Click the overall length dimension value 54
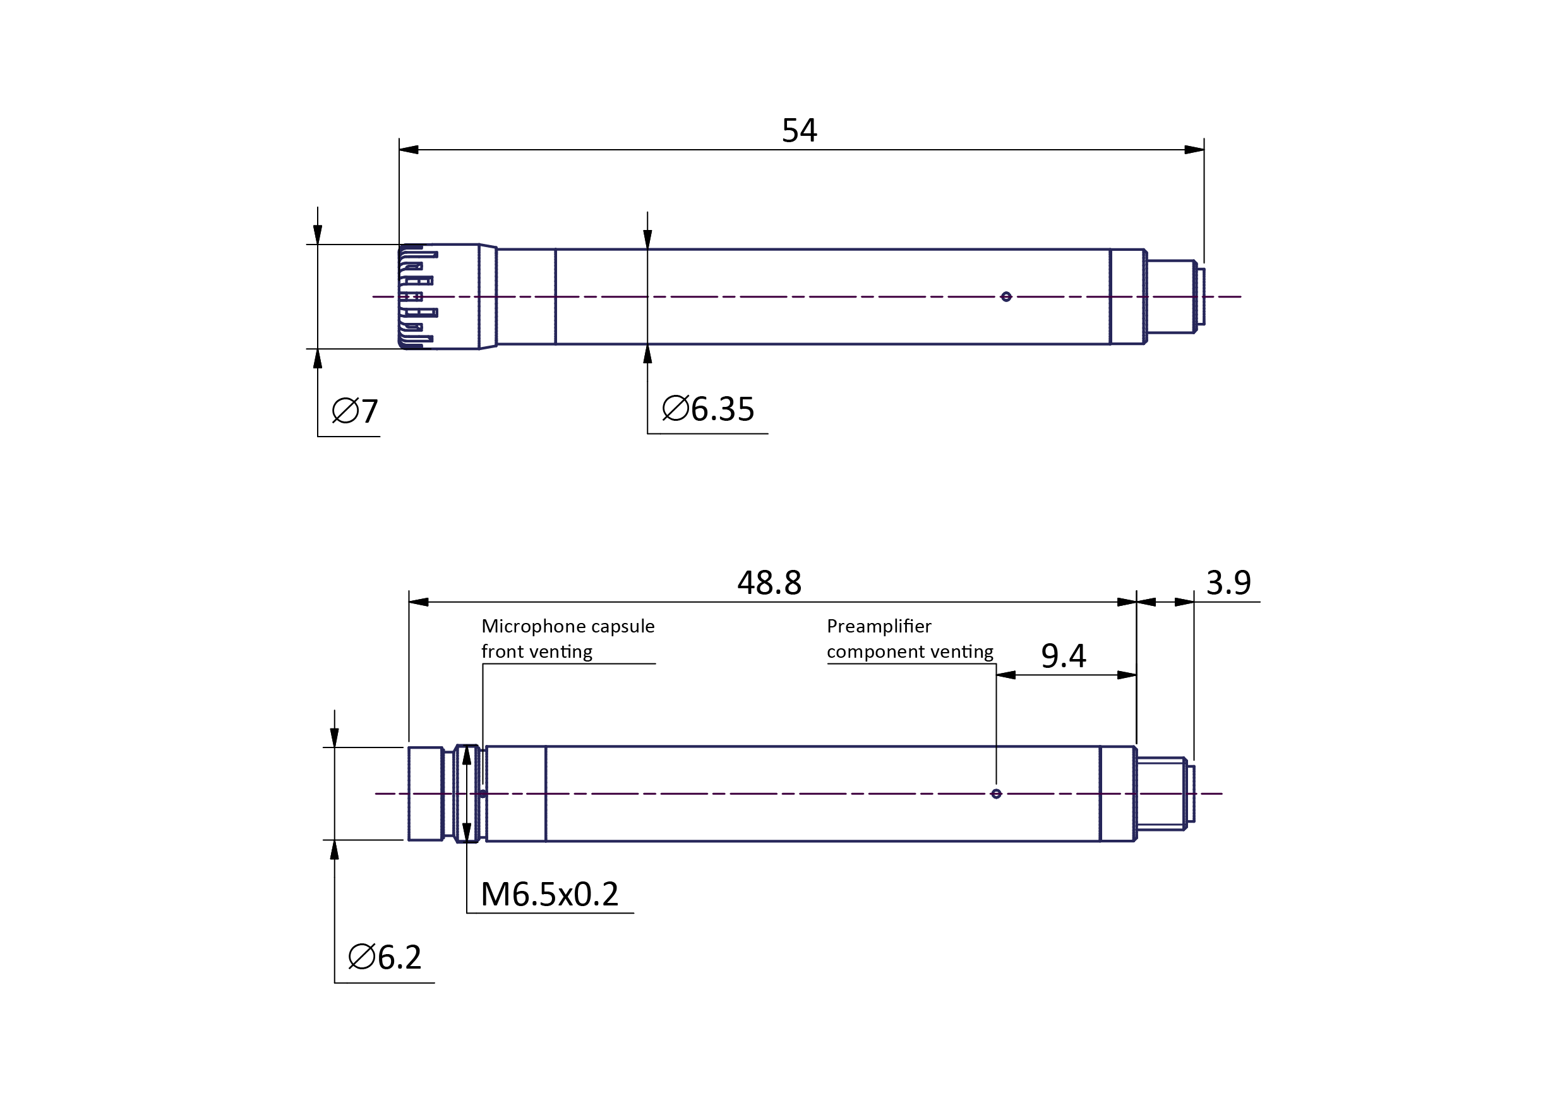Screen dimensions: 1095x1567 click(799, 130)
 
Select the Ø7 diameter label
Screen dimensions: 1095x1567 click(354, 411)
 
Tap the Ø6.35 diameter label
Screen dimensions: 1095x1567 click(708, 409)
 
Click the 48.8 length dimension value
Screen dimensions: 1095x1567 click(769, 583)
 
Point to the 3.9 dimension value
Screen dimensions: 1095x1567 click(1228, 583)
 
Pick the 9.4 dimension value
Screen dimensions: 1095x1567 click(1064, 656)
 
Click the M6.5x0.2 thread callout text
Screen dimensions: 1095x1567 click(549, 894)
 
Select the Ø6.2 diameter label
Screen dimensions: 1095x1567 click(385, 957)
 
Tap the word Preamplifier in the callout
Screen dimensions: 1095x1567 click(879, 626)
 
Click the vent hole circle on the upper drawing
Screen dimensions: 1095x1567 click(1006, 296)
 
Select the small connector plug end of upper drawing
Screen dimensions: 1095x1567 click(1174, 296)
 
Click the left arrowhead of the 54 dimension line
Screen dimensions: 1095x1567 click(409, 150)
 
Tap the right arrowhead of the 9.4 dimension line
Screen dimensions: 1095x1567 click(1127, 675)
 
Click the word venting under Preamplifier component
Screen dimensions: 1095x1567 click(964, 651)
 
